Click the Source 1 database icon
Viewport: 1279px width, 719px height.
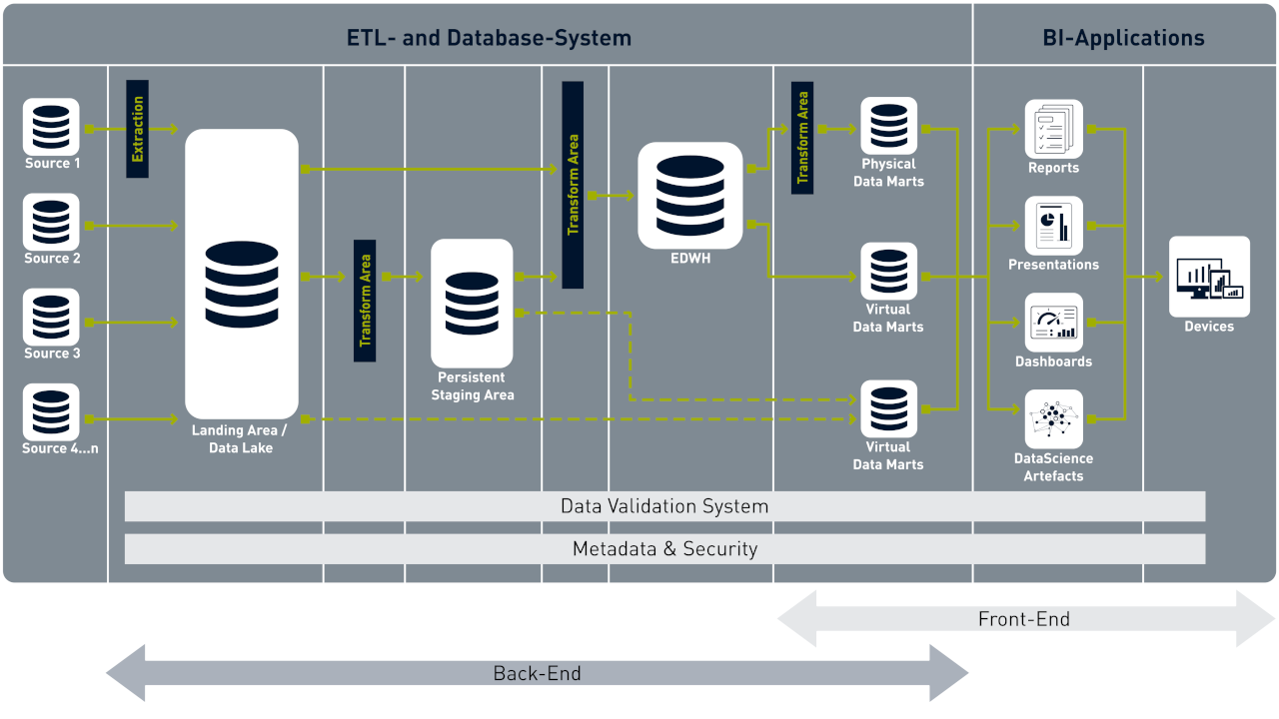51,126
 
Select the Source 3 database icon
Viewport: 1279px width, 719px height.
51,317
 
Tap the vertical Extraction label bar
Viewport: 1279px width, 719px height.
137,129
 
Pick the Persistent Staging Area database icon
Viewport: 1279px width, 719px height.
472,303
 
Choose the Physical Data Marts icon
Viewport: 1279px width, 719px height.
888,126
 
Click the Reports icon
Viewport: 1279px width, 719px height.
1053,129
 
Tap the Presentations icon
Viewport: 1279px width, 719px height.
1053,226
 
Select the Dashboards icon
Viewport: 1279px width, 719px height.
1053,323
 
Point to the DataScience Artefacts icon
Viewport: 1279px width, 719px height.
1053,418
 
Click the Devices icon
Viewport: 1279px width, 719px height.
1209,277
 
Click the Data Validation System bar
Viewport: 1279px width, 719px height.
664,506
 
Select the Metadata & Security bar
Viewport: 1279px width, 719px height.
664,549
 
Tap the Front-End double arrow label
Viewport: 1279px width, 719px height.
1023,619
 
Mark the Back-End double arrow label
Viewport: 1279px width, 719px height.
537,673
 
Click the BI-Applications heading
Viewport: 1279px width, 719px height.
1123,38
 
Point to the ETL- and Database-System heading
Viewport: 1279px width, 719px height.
489,38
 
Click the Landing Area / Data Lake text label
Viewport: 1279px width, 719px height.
241,439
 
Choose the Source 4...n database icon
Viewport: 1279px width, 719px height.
51,411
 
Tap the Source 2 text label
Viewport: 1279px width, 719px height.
52,259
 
